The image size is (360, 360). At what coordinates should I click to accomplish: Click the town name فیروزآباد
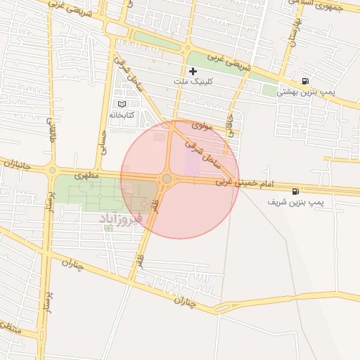[121, 219]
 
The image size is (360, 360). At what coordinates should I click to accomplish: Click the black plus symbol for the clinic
[193, 71]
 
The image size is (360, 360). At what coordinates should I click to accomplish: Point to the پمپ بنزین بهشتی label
[305, 92]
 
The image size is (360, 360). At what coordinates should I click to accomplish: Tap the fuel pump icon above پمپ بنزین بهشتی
[304, 81]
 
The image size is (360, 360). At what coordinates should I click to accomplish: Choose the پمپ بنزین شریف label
[296, 202]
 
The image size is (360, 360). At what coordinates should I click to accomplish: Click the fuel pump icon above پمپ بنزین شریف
[294, 191]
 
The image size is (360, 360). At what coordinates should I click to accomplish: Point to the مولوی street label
[200, 126]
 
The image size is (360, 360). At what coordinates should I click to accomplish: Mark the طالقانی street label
[51, 130]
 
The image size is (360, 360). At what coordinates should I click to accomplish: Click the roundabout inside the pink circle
[167, 179]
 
